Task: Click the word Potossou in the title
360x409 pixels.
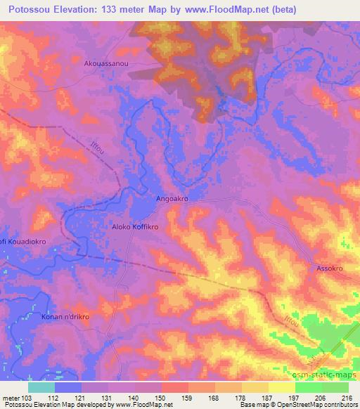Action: [x=33, y=10]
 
